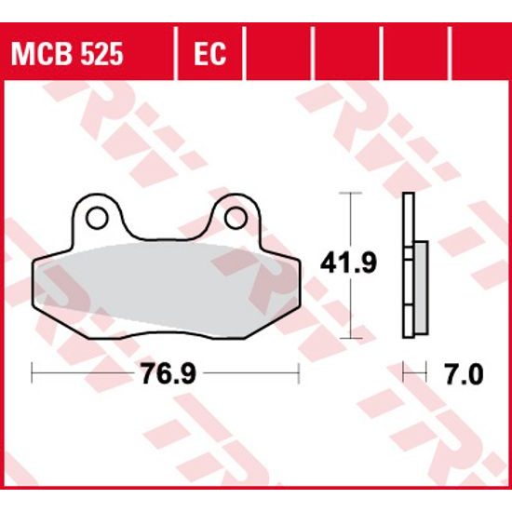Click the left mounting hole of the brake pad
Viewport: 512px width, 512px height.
tap(95, 219)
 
